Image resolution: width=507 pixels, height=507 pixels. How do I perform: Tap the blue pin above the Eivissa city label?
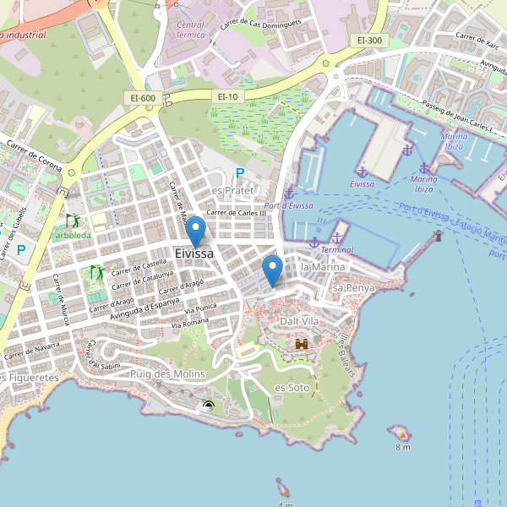tap(195, 231)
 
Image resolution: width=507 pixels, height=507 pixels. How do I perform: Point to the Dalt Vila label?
tap(300, 322)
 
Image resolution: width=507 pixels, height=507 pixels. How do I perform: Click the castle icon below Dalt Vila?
tap(301, 344)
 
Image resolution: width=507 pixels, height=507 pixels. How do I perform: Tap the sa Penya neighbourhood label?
tap(353, 288)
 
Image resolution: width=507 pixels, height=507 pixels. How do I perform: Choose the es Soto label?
tap(292, 387)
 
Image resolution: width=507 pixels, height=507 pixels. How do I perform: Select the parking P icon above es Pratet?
tap(239, 173)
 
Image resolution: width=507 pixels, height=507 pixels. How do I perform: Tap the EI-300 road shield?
tap(369, 40)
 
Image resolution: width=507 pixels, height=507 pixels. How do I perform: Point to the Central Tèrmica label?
tap(191, 31)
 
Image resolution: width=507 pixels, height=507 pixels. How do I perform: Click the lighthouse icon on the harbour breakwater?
tap(438, 236)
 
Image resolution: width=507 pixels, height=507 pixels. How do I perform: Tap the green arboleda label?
tap(75, 235)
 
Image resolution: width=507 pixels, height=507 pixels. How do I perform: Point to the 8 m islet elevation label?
tap(402, 446)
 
